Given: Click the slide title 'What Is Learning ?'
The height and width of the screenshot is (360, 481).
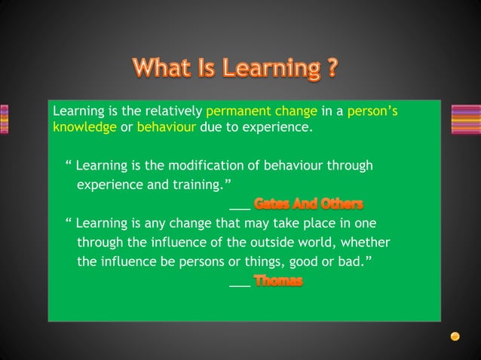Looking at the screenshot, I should pyautogui.click(x=234, y=69).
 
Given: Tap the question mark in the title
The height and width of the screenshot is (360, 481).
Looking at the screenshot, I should pyautogui.click(x=331, y=69).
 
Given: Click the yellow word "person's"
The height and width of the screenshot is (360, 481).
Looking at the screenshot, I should pyautogui.click(x=372, y=111).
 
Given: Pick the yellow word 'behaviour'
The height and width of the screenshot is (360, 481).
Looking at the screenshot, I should pyautogui.click(x=167, y=127).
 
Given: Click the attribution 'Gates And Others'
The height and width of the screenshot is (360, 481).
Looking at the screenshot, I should pyautogui.click(x=308, y=203).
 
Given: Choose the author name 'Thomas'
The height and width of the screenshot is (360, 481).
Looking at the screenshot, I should pyautogui.click(x=278, y=282).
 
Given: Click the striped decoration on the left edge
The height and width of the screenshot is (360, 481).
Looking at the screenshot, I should pyautogui.click(x=4, y=119).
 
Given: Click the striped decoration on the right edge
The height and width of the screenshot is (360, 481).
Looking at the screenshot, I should pyautogui.click(x=465, y=119).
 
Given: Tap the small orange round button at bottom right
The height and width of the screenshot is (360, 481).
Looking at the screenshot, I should pyautogui.click(x=455, y=336).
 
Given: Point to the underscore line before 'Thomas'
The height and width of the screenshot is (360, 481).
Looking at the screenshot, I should pyautogui.click(x=239, y=285).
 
